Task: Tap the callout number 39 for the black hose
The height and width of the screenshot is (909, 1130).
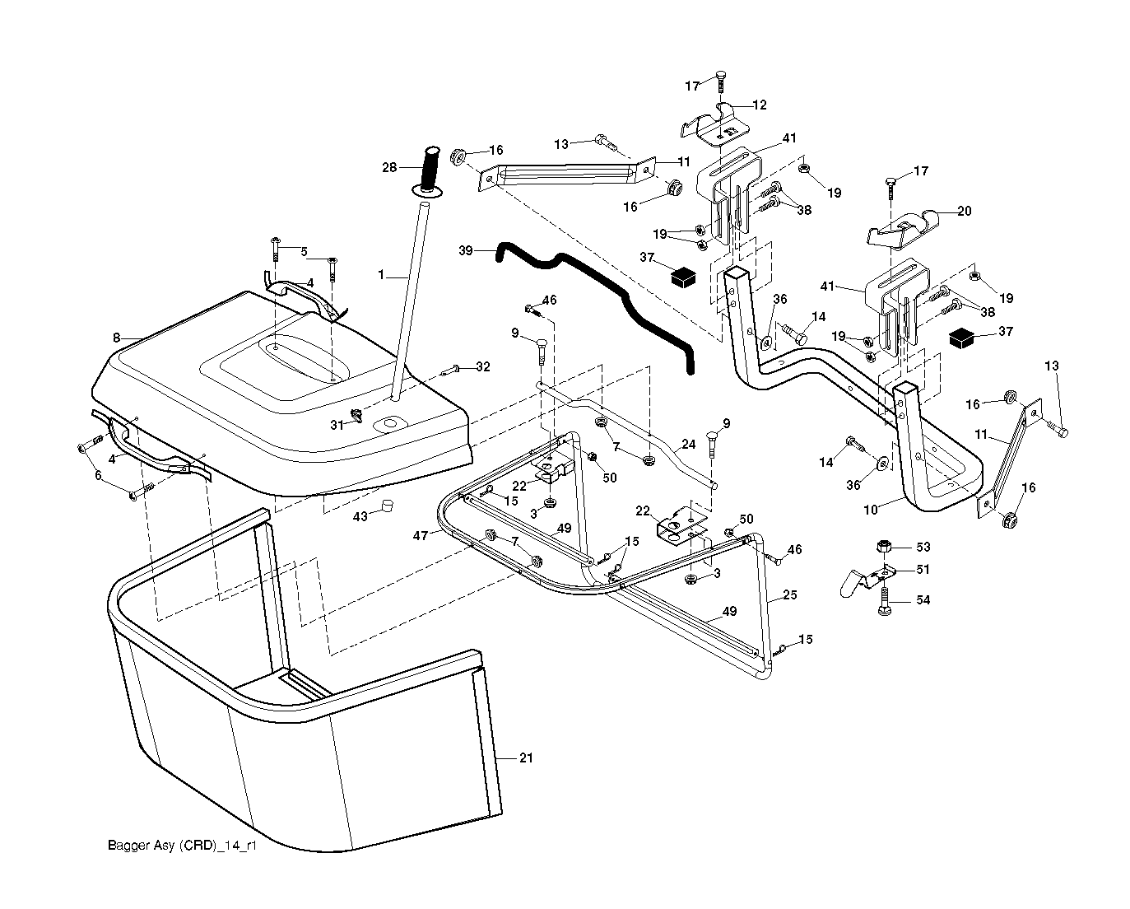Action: (466, 250)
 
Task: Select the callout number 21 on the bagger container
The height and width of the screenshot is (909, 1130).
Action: (526, 757)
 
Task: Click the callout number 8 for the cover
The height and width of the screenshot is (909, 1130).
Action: (116, 337)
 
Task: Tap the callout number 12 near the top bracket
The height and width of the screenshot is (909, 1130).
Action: (759, 105)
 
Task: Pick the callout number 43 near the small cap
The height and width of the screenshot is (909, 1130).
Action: (360, 515)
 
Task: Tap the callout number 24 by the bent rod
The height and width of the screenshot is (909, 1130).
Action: (689, 445)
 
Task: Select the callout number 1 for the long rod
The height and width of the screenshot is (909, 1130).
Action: (381, 275)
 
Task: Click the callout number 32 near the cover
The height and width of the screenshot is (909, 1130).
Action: (483, 367)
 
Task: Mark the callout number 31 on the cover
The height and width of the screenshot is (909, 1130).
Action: (336, 425)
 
